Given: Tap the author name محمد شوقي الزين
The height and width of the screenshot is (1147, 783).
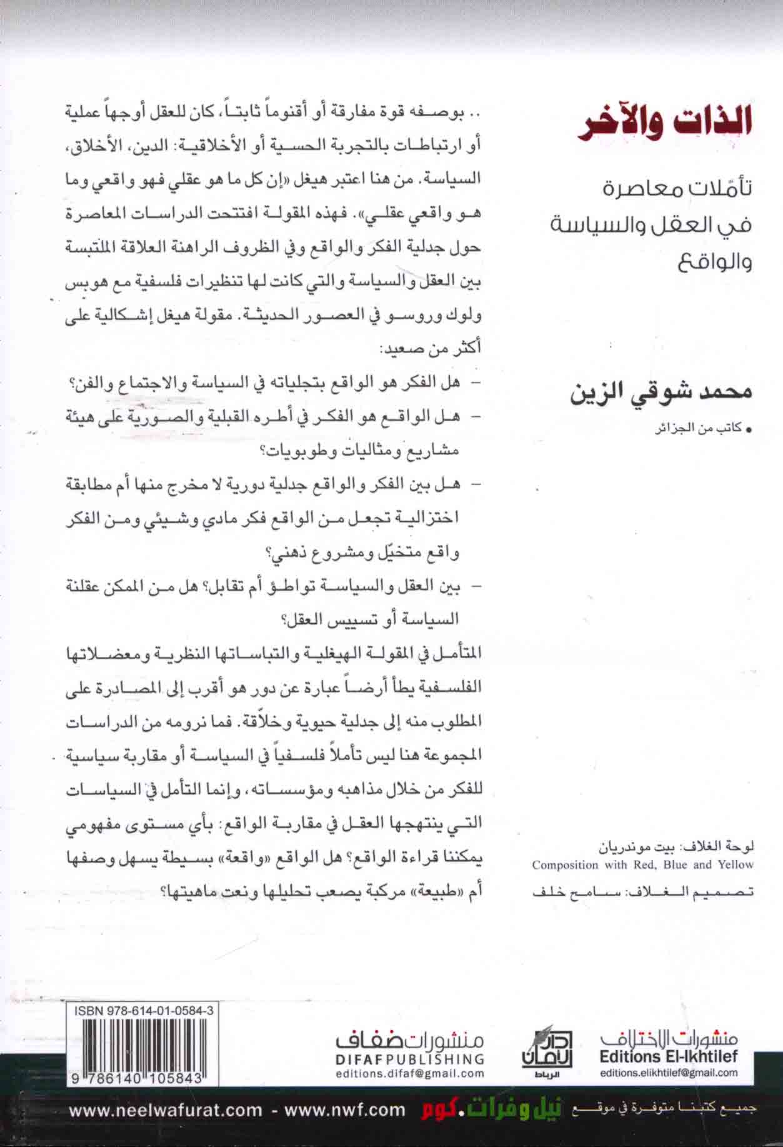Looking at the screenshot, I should click(x=661, y=393).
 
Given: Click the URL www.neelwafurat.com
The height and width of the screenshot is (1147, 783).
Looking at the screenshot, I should click(x=166, y=1110).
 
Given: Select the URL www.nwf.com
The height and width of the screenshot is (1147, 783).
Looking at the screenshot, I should click(x=345, y=1110).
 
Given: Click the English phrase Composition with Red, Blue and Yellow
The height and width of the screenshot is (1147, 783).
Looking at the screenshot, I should click(x=643, y=864).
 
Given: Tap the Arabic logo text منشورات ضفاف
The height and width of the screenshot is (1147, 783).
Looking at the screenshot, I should click(x=410, y=1038).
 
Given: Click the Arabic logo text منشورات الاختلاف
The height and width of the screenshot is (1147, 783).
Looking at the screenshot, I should click(x=669, y=1037).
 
